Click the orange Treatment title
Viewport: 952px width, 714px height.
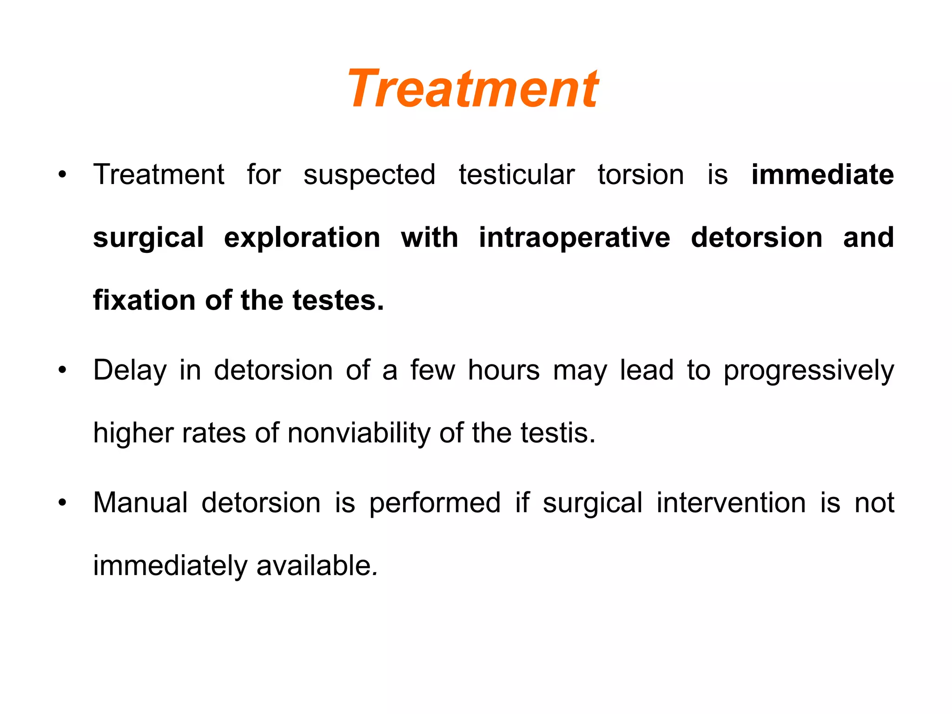point(473,88)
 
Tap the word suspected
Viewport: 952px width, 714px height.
point(370,175)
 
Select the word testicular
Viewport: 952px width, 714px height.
point(516,175)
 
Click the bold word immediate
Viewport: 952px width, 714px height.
point(822,175)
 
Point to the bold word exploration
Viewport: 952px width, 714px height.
point(302,238)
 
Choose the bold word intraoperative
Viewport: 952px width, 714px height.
point(575,238)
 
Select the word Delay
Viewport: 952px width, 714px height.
point(130,370)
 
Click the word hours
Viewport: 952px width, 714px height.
point(503,370)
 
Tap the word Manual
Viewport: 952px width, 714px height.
point(140,503)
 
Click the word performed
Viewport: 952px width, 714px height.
point(435,503)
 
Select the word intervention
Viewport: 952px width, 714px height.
point(731,503)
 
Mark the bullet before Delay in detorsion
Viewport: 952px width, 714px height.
point(62,371)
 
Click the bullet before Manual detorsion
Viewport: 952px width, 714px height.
point(62,503)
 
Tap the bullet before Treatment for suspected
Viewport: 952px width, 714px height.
point(62,175)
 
